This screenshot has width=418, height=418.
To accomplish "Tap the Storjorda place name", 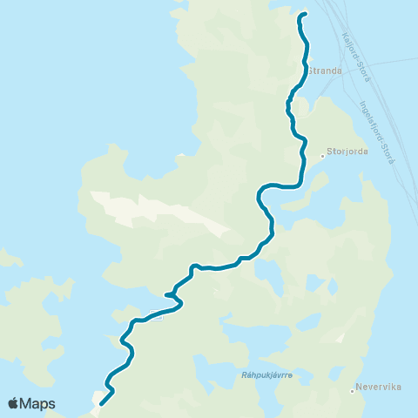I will pos(347,151).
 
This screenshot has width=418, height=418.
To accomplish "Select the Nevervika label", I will pos(376,391).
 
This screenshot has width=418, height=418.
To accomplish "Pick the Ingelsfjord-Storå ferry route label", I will pos(378,131).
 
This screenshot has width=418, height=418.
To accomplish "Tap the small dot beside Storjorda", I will pos(323,156).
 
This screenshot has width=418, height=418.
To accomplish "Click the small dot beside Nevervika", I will pos(352,391).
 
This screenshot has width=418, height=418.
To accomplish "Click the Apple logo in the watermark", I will pos(14,403).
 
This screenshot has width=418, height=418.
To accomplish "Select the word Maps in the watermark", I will pos(38,403).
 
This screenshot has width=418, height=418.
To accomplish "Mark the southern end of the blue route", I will pos(101,403).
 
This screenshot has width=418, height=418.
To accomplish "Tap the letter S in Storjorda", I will pos(330,151).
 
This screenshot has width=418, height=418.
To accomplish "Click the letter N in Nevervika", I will pos(360,391).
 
